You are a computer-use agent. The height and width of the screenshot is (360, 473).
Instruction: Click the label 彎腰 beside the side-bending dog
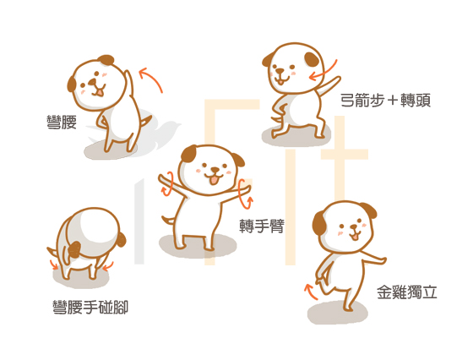[x=62, y=123]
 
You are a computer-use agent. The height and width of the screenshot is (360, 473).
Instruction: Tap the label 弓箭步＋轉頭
[x=385, y=101]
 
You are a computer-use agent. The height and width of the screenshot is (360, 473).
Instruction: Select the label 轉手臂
[x=262, y=226]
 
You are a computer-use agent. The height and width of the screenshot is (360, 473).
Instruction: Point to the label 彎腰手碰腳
[x=90, y=308]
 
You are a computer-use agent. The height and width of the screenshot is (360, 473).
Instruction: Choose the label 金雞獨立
[x=407, y=292]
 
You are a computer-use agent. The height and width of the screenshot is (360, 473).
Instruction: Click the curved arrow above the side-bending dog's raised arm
[x=153, y=78]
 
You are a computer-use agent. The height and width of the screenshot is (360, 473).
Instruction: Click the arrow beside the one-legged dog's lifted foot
[x=311, y=292]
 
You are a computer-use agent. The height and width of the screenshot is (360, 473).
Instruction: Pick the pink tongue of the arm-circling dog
[x=214, y=180]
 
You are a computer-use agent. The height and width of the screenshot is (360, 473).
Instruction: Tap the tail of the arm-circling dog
[x=168, y=220]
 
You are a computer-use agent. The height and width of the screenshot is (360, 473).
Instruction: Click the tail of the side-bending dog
[x=147, y=122]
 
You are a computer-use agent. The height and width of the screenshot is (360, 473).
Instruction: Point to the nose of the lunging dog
[x=280, y=71]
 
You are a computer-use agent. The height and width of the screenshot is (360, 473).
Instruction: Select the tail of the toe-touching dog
[x=53, y=251]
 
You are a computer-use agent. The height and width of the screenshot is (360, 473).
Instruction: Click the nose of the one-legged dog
[x=354, y=226]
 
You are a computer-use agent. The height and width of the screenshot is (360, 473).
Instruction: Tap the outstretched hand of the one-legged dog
[x=382, y=260]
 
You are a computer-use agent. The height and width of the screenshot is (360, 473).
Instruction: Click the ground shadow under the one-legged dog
[x=338, y=313]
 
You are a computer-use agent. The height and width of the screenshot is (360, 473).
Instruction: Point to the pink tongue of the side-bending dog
[x=99, y=92]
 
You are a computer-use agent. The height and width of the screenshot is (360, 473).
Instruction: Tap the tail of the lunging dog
[x=276, y=118]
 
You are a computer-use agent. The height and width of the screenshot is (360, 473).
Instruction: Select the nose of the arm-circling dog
[x=215, y=169]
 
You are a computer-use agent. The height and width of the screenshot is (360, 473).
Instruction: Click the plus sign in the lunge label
[x=393, y=101]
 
